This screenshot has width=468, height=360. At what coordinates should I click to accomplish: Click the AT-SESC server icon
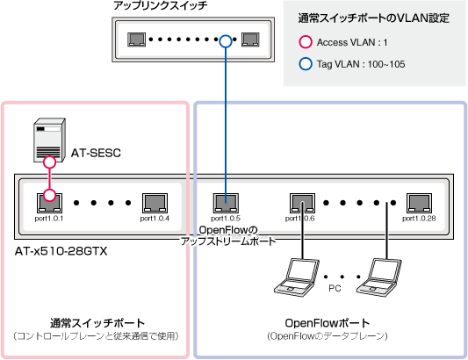(49, 140)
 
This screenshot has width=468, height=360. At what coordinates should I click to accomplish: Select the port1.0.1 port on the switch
(49, 203)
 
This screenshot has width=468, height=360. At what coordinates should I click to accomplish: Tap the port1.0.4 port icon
(155, 203)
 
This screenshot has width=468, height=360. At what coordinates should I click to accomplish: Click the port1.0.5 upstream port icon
(226, 203)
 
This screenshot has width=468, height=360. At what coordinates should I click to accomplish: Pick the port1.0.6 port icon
(302, 203)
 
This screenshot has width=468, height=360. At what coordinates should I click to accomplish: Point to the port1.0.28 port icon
(419, 203)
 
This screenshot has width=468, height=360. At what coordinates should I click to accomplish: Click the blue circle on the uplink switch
(226, 41)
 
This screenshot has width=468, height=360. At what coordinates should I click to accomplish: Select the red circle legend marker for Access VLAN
(306, 42)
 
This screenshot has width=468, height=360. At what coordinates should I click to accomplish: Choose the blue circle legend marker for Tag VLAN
(306, 64)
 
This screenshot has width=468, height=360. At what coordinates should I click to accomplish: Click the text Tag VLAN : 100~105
(361, 64)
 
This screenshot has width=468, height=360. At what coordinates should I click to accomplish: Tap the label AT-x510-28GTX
(61, 251)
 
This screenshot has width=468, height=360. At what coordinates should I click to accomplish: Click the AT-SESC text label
(96, 153)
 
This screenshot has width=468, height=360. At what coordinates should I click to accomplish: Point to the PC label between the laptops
(335, 288)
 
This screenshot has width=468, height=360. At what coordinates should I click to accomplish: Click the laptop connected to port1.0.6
(297, 277)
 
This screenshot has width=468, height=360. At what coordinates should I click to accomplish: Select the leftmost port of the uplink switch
(137, 40)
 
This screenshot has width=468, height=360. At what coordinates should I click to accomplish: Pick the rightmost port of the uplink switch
(250, 40)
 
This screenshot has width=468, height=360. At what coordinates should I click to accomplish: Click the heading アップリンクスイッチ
(161, 5)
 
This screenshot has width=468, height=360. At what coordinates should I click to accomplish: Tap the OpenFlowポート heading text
(328, 323)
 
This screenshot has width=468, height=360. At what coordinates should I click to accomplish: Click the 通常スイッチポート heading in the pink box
(97, 323)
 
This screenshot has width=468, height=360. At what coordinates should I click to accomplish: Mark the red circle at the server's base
(49, 162)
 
